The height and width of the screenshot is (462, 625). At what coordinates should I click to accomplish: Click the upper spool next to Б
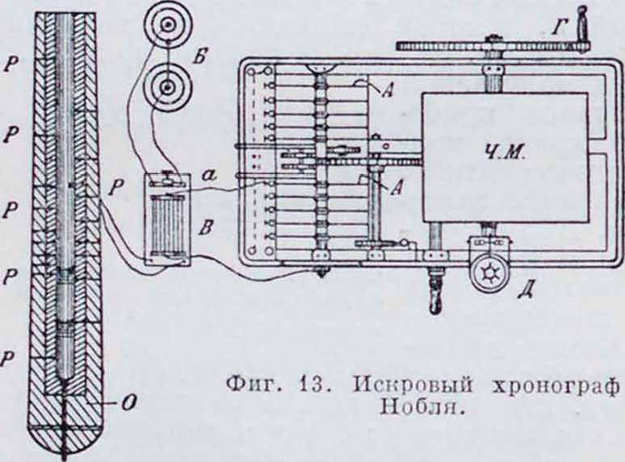tap(165, 26)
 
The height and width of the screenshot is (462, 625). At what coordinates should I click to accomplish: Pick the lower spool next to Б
tap(166, 83)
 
